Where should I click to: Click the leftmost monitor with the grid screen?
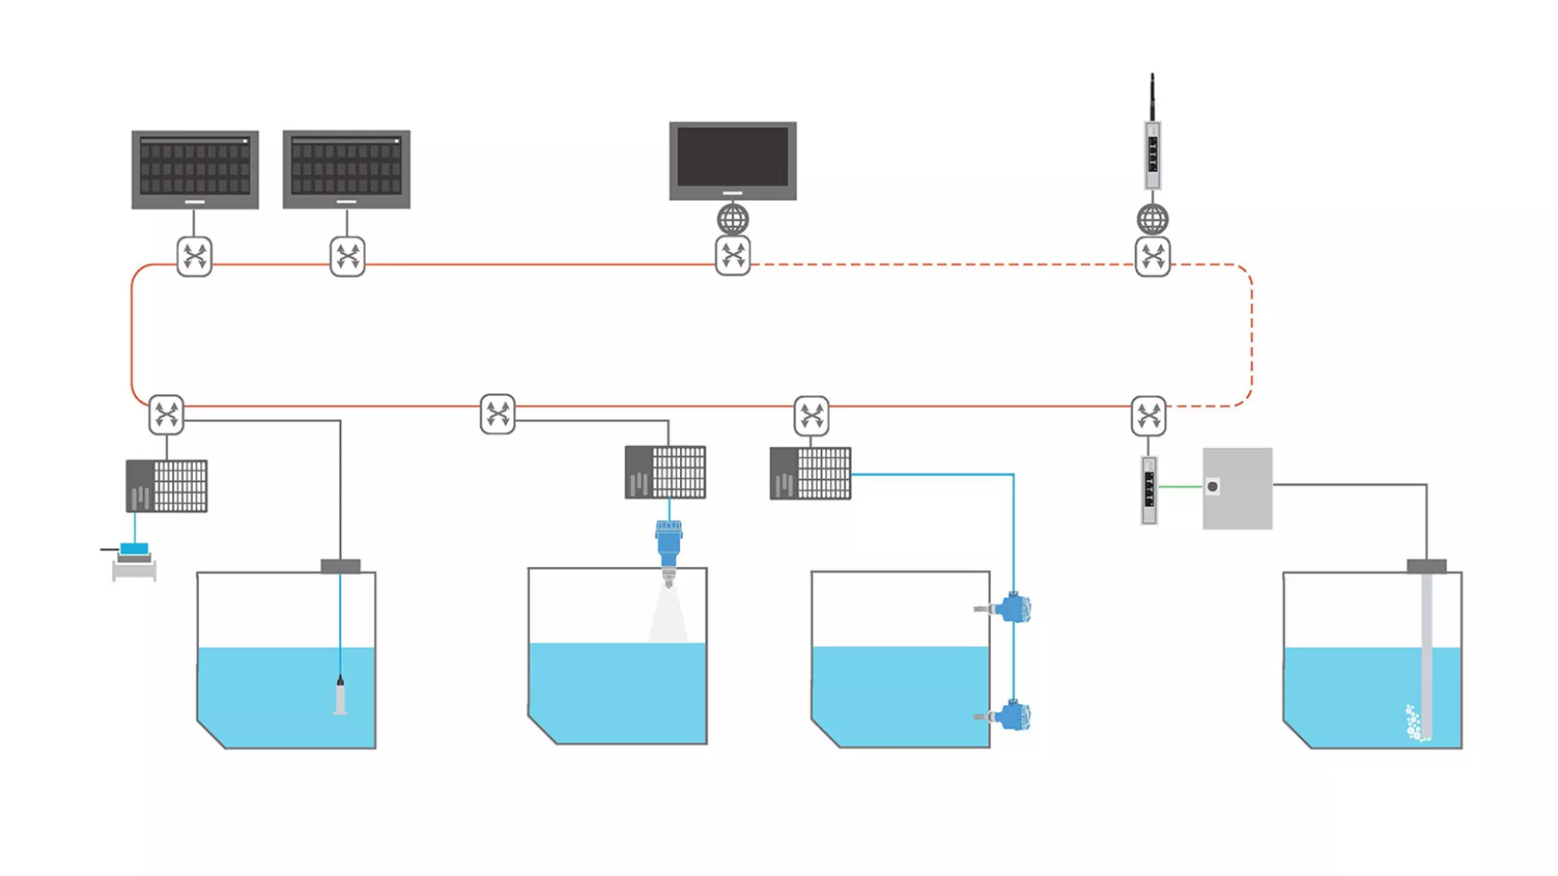point(195,169)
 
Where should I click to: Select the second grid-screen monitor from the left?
point(346,169)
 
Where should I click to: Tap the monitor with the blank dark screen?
point(733,160)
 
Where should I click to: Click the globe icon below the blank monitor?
point(733,219)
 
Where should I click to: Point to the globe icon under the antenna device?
point(1152,219)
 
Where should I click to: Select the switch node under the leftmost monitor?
point(195,256)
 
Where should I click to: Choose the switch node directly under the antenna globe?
point(1152,256)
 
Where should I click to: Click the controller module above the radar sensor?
point(665,471)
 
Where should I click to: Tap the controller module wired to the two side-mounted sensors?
point(811,473)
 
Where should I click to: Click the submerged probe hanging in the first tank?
point(341,696)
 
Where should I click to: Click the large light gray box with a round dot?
point(1237,488)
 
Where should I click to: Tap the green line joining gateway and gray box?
point(1180,487)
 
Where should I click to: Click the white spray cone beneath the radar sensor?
point(668,616)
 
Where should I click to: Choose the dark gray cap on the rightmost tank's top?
point(1427,565)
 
